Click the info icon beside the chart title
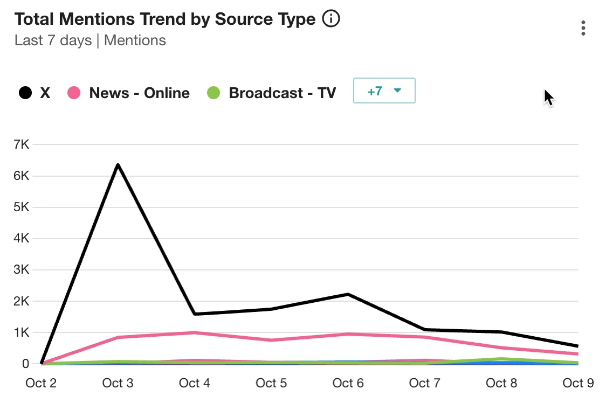click(331, 19)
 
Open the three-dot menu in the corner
click(583, 28)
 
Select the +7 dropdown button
click(384, 91)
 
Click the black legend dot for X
click(25, 93)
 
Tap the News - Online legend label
click(139, 93)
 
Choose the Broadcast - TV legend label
click(282, 93)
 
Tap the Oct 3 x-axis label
click(118, 383)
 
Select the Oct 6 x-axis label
click(348, 383)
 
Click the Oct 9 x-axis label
click(578, 383)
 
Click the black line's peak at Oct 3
click(118, 165)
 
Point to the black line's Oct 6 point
click(348, 294)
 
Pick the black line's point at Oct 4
click(194, 314)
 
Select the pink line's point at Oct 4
click(194, 332)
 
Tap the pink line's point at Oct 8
click(501, 348)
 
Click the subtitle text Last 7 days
click(53, 40)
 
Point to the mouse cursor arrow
click(548, 97)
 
